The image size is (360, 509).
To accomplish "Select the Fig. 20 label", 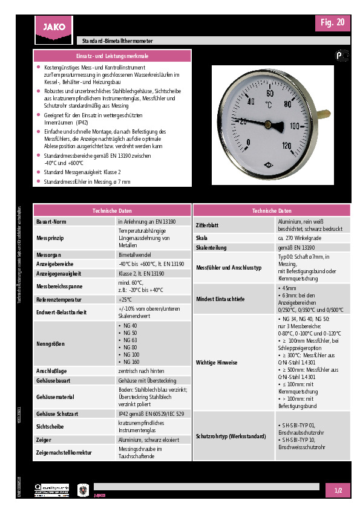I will [333, 22].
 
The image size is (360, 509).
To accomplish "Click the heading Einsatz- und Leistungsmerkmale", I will [112, 56].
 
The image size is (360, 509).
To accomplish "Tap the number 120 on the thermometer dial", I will [287, 145].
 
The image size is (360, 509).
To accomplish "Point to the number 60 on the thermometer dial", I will [270, 94].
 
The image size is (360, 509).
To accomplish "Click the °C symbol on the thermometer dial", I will [269, 104].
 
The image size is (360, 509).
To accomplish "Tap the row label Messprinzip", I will [51, 239].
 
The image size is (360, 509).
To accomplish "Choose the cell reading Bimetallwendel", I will [135, 255].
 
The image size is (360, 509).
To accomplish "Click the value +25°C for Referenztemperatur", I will [125, 299].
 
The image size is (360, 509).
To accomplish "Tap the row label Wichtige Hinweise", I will [216, 362].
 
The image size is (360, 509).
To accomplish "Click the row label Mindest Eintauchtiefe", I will [221, 299].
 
